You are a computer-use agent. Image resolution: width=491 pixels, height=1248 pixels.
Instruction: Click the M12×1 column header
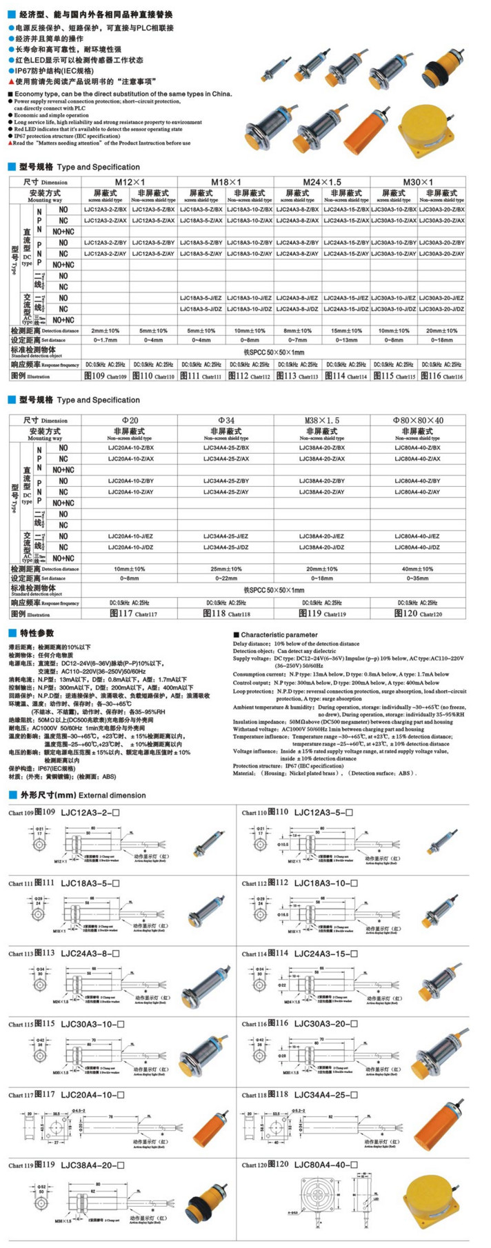[x=129, y=181]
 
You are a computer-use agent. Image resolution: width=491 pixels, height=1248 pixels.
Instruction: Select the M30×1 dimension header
[x=418, y=181]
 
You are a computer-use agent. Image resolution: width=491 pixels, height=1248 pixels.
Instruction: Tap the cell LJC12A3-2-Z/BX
[x=105, y=209]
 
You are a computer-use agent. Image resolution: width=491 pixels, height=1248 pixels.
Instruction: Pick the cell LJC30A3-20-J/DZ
[x=441, y=309]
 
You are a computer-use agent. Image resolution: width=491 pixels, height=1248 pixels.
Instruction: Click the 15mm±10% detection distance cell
[x=346, y=331]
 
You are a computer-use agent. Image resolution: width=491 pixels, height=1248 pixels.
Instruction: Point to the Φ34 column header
[x=226, y=420]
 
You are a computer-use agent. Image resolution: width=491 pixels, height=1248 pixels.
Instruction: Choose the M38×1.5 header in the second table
[x=322, y=420]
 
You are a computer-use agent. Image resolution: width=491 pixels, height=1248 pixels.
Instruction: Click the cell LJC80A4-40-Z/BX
[x=417, y=447]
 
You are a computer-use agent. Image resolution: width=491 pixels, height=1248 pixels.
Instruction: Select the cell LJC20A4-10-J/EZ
[x=130, y=536]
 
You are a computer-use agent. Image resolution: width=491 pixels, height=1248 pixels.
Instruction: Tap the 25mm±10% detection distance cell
[x=226, y=569]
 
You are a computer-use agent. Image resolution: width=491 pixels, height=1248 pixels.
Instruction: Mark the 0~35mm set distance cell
[x=417, y=578]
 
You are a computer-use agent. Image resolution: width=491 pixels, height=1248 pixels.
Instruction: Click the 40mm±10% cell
[x=417, y=569]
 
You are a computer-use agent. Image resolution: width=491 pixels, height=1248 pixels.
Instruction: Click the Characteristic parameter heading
[x=279, y=634]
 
